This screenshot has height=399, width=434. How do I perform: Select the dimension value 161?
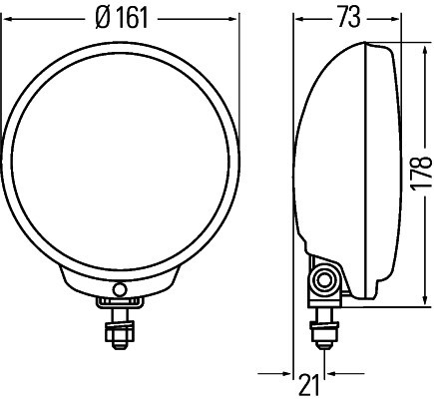[x=128, y=17]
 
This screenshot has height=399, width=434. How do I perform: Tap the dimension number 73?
[x=346, y=17]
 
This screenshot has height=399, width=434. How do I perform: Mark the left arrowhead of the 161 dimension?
[x=7, y=17]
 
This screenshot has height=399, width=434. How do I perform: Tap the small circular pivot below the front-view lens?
[x=121, y=289]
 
